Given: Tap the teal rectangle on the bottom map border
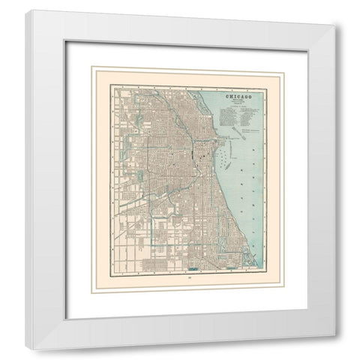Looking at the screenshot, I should point(197,267).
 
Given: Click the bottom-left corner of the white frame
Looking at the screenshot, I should point(25,349).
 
